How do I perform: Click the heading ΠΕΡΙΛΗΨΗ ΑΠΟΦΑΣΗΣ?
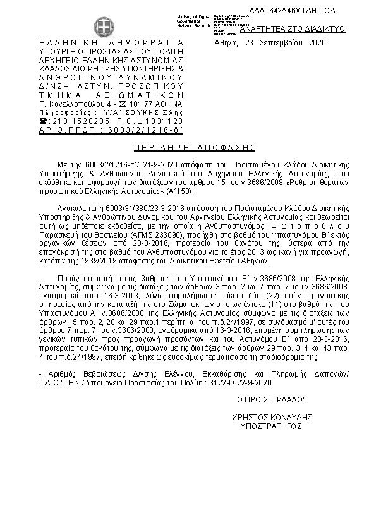[x=187, y=144]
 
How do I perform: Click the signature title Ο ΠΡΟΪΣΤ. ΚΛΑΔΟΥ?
[x=272, y=400]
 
